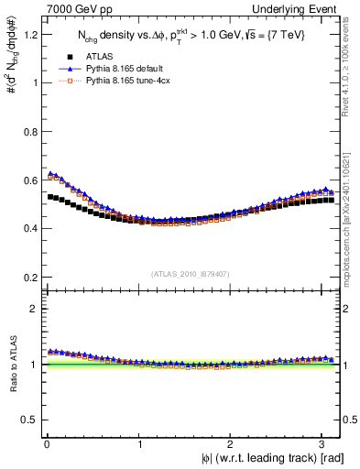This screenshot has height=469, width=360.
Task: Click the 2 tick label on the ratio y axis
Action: coord(34,310)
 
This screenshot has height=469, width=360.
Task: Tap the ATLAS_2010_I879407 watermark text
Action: coord(191,274)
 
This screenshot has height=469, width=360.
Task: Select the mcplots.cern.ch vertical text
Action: coord(352,215)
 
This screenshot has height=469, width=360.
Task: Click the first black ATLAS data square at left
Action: coord(49,196)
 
